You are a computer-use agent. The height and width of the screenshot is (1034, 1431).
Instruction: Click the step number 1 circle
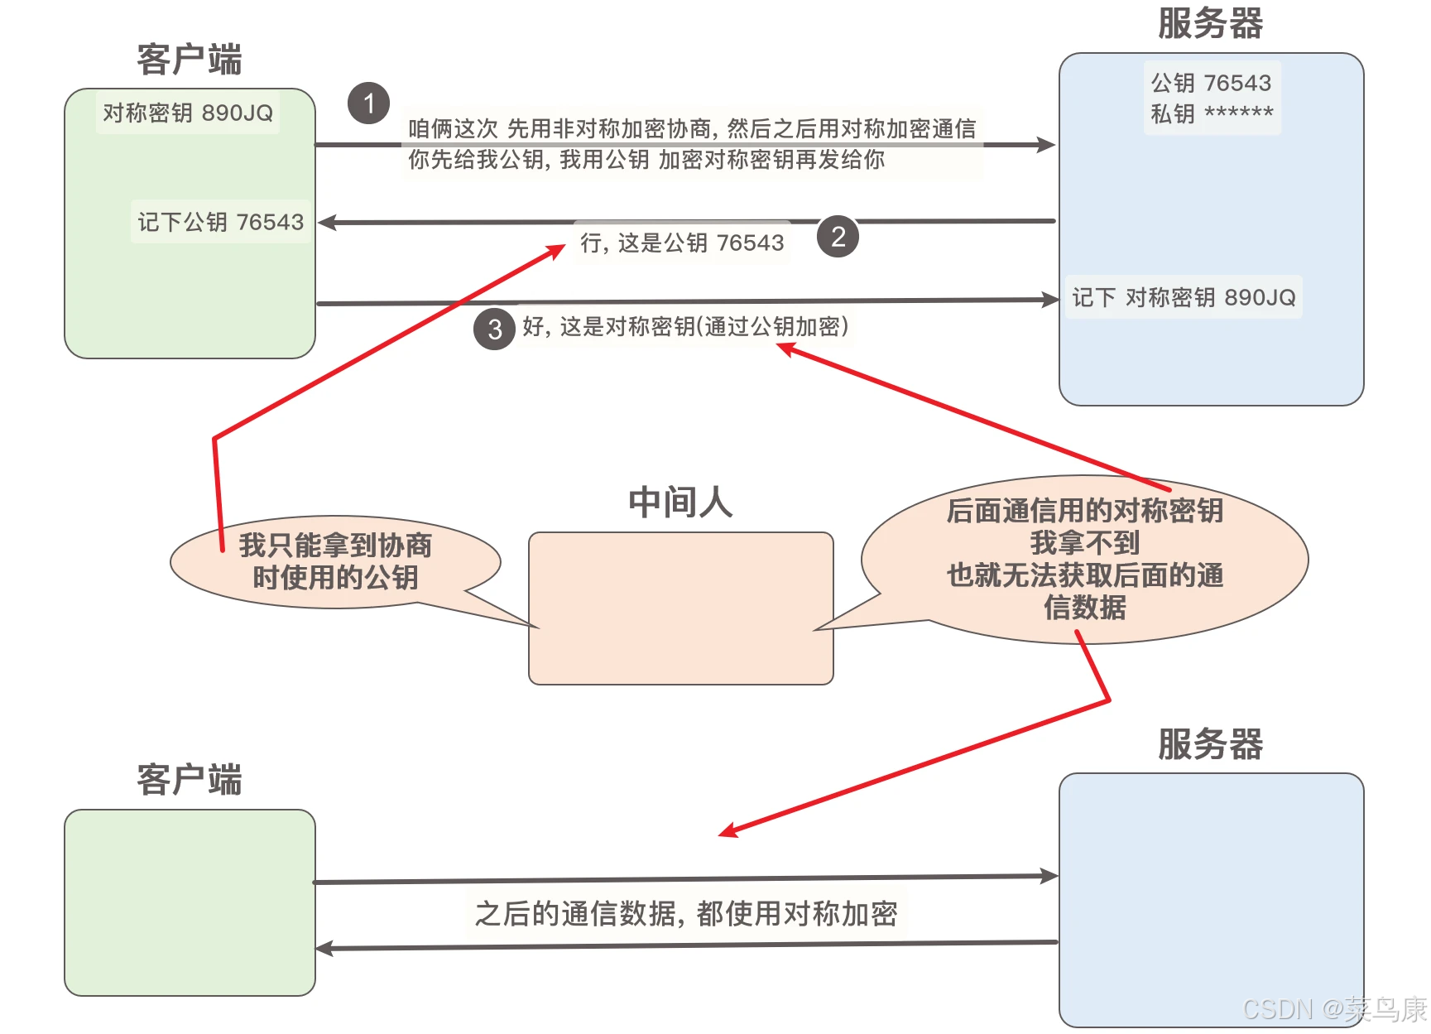368,103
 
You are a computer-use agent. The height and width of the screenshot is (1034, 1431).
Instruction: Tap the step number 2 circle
838,237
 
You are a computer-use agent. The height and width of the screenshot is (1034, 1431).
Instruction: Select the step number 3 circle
494,329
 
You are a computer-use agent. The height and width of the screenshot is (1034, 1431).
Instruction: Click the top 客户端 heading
189,60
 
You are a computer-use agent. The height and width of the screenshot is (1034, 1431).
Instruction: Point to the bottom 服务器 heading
1210,743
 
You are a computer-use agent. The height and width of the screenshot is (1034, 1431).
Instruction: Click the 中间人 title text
680,503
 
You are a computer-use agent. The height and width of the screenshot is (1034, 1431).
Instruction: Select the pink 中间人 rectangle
680,608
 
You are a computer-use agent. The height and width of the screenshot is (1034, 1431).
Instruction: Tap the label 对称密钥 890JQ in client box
188,113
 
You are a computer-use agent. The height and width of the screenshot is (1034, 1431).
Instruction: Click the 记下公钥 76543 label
220,222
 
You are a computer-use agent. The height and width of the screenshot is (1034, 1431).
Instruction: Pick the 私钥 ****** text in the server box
1212,113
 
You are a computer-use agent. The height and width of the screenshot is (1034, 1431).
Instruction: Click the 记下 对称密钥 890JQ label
1184,297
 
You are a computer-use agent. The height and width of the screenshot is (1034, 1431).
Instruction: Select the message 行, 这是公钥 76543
682,243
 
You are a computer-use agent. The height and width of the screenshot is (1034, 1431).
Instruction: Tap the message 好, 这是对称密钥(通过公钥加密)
685,327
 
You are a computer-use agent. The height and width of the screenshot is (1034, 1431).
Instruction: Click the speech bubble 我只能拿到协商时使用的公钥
335,561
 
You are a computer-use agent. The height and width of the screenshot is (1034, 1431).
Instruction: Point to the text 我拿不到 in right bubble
1084,543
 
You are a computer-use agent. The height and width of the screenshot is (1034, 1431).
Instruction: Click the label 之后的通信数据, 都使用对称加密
686,913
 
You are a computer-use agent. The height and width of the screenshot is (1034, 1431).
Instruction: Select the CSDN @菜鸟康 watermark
1334,1009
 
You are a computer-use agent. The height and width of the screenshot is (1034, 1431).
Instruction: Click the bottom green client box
190,902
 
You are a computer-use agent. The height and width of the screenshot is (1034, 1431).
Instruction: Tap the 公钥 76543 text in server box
1212,83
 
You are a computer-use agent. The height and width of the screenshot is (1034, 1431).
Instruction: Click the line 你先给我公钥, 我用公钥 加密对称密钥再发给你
646,160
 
